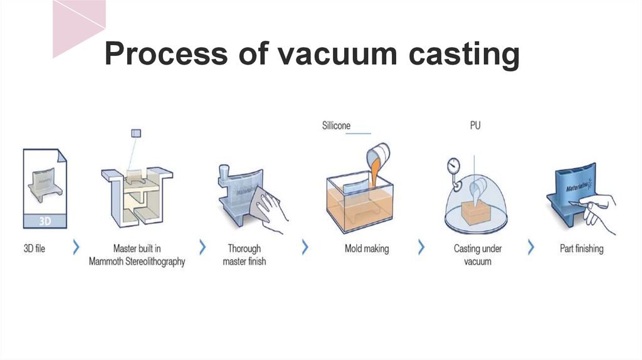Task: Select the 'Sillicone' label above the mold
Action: (336, 126)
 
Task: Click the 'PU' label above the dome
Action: (476, 126)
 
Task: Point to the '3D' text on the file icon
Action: (45, 221)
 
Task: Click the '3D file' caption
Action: (34, 248)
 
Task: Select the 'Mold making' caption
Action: (366, 248)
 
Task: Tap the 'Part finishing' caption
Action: (581, 248)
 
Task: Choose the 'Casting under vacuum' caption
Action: (478, 255)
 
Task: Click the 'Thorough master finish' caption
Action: (244, 255)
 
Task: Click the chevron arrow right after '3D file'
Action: (76, 247)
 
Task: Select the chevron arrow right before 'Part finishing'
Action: (531, 247)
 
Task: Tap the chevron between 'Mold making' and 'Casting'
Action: (421, 247)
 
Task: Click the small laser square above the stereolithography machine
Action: (136, 133)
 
